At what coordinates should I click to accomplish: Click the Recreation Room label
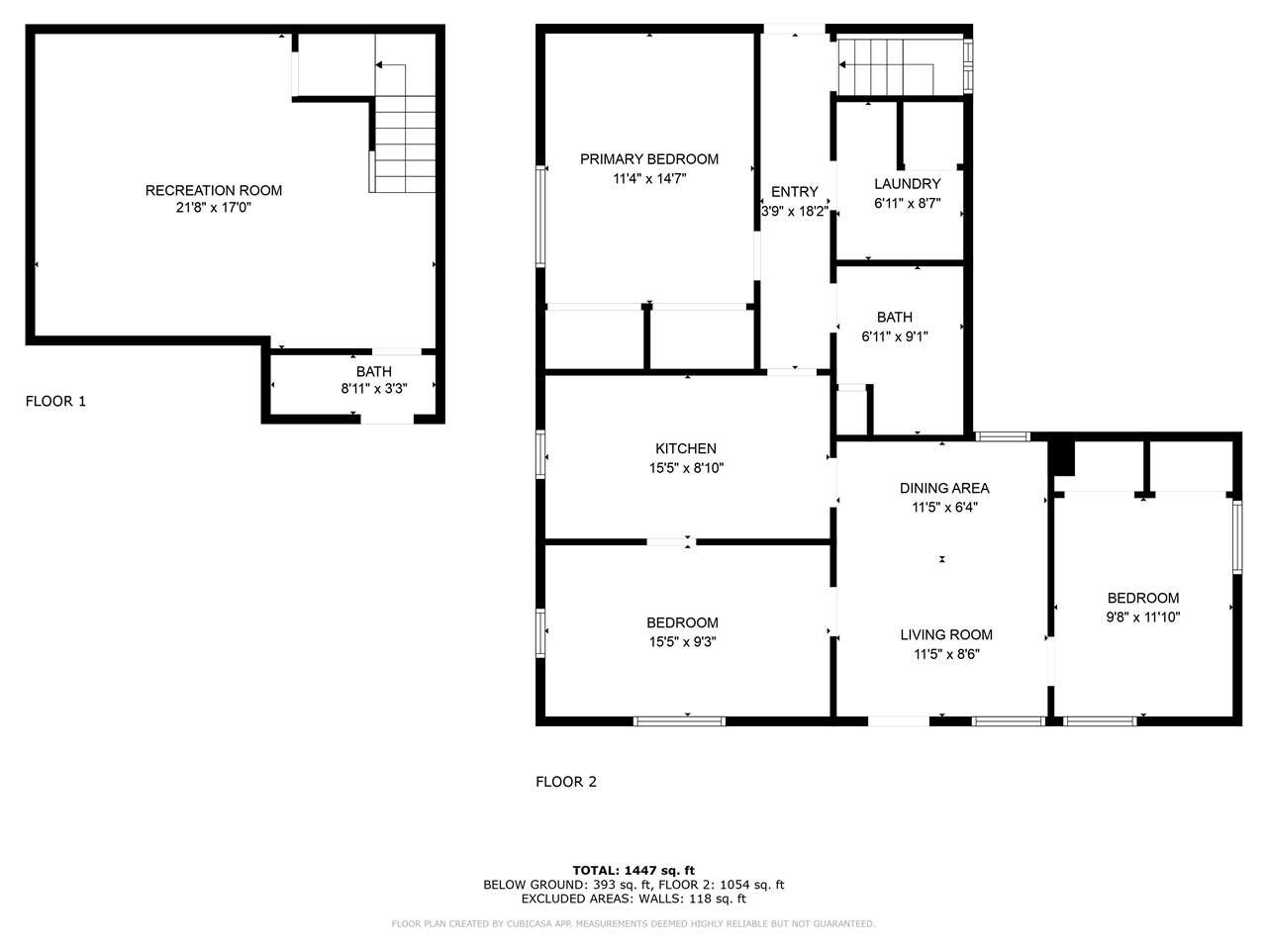(x=213, y=190)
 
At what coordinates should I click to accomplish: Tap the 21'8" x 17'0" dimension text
(x=213, y=209)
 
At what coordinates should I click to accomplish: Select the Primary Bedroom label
(x=649, y=159)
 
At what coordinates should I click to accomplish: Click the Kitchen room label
(x=685, y=448)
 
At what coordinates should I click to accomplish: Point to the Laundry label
(x=907, y=184)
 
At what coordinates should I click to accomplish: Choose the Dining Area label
(x=944, y=488)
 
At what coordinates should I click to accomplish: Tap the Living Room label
(x=946, y=634)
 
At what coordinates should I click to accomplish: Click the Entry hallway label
(x=794, y=192)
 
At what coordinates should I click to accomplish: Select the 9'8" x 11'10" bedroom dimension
(x=1142, y=617)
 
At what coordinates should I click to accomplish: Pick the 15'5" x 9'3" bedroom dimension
(x=682, y=641)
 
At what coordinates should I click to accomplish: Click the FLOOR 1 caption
(x=55, y=401)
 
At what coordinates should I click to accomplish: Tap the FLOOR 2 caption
(x=566, y=782)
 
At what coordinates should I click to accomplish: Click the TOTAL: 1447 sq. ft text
(x=633, y=871)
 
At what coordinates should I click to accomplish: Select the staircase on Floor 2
(x=886, y=66)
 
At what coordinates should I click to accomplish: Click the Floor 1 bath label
(x=373, y=371)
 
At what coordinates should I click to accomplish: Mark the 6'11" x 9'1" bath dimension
(x=894, y=336)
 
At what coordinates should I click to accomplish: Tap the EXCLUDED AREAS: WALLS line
(x=633, y=899)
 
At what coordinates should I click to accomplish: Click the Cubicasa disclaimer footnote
(x=633, y=924)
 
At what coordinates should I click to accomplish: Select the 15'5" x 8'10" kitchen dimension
(x=686, y=468)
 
